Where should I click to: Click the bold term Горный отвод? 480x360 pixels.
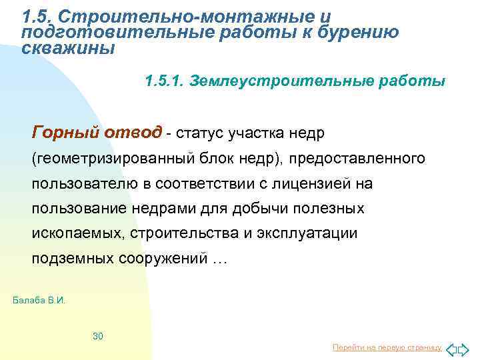[97, 133]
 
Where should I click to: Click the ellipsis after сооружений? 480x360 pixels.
[219, 260]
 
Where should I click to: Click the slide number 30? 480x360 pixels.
[97, 336]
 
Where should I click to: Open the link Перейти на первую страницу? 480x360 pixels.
[387, 348]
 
